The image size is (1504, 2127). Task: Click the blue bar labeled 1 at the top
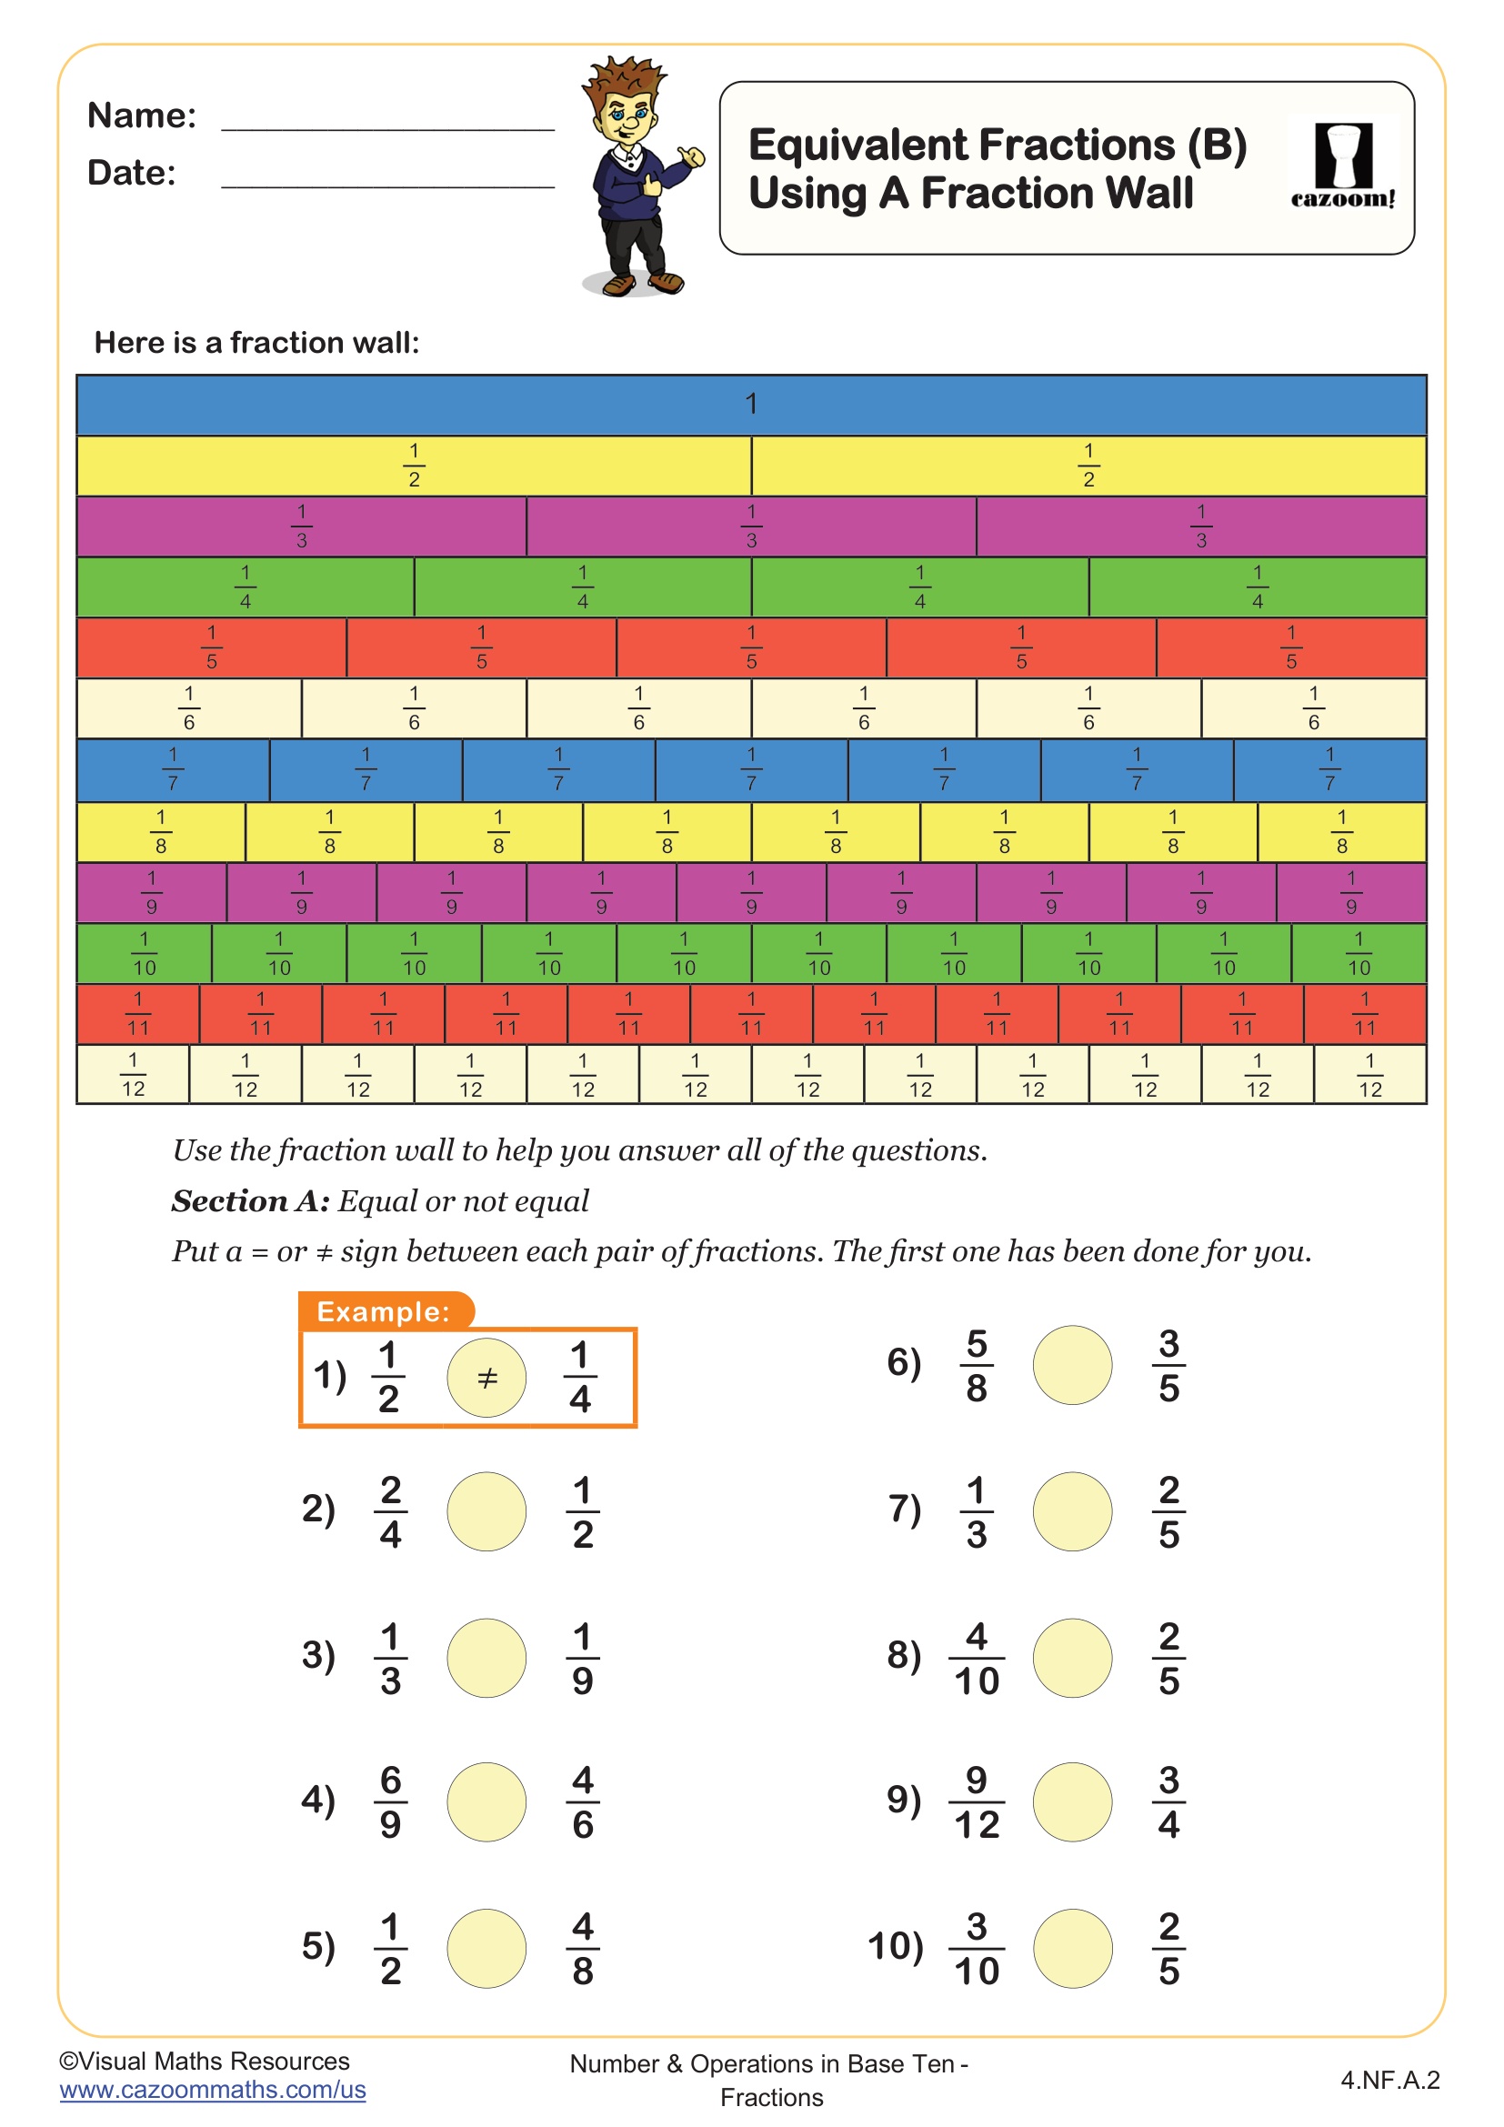tap(751, 405)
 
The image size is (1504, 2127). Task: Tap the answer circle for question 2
tap(486, 1511)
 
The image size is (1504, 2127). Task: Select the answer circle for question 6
tap(1072, 1365)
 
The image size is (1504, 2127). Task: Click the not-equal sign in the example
tap(487, 1378)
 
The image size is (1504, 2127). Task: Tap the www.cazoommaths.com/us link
tap(213, 2089)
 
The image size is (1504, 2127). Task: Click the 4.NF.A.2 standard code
tap(1389, 2080)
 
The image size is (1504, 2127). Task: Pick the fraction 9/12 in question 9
tap(976, 1801)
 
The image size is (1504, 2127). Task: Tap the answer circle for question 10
tap(1072, 1948)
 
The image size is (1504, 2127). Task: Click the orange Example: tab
tap(385, 1311)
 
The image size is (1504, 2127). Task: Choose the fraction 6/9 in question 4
tap(390, 1801)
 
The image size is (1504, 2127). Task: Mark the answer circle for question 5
tap(486, 1948)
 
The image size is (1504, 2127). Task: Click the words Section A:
tap(250, 1200)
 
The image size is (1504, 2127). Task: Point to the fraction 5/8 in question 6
tap(976, 1365)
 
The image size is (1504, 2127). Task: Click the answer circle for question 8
tap(1072, 1658)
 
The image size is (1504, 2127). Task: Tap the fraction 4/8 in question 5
tap(583, 1948)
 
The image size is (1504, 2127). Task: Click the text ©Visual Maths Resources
tap(205, 2060)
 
